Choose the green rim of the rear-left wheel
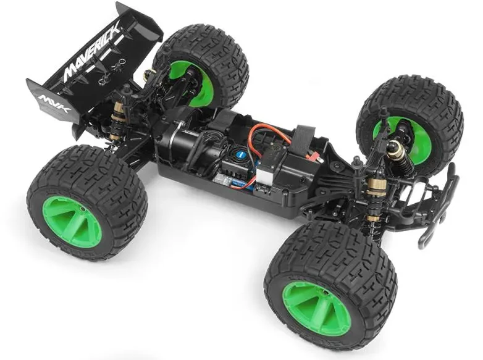coord(72,222)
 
